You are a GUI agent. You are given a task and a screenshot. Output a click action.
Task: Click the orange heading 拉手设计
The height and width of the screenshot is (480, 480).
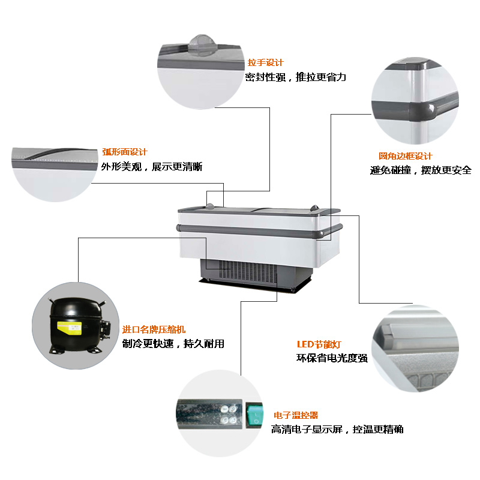(265, 63)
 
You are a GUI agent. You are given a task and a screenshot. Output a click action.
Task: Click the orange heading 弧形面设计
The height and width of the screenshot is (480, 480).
(125, 152)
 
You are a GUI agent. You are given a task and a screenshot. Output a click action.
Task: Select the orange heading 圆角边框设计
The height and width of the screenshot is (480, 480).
(406, 156)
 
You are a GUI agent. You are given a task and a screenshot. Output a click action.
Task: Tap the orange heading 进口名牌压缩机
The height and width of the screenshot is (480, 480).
(154, 329)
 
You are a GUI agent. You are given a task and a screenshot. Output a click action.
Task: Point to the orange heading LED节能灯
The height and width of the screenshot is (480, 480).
(319, 344)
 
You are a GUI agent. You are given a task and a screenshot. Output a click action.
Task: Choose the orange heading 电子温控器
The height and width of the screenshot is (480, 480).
(296, 415)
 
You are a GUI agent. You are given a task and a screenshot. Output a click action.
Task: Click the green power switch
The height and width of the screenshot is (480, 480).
(254, 415)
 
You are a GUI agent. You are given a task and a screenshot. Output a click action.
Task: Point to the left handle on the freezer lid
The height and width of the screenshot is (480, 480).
(210, 206)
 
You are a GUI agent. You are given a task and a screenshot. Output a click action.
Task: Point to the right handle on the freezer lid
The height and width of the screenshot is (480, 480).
(314, 208)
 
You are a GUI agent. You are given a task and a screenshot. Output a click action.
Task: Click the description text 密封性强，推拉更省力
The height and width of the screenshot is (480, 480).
(295, 77)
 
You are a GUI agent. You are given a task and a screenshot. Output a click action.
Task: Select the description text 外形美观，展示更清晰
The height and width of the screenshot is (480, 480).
(152, 167)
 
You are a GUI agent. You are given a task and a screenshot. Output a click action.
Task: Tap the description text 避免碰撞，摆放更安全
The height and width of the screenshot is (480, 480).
(421, 170)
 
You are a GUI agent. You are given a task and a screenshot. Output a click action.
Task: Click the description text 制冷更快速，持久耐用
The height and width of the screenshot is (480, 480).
(173, 343)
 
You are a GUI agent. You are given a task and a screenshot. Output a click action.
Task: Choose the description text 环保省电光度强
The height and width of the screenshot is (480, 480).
(332, 358)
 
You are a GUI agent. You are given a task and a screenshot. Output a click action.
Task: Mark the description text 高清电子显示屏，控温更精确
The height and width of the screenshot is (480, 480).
(337, 429)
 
